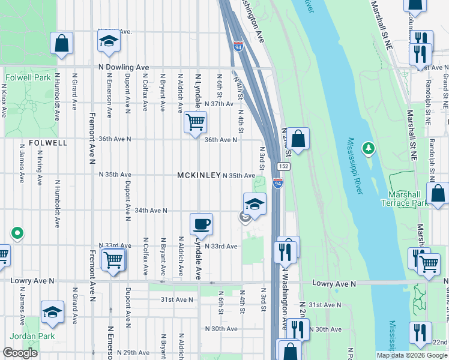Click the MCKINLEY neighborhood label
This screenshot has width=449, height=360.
[x=199, y=175]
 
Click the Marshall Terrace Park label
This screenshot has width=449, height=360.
[x=404, y=199]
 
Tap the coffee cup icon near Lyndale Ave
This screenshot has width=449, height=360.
[x=201, y=224]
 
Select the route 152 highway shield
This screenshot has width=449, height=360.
[x=282, y=166]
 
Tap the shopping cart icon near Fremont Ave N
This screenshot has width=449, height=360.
[x=112, y=260]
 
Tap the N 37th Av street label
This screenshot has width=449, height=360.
[x=218, y=104]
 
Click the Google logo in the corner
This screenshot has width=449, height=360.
[x=20, y=353]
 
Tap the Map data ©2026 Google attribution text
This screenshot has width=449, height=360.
[x=412, y=355]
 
